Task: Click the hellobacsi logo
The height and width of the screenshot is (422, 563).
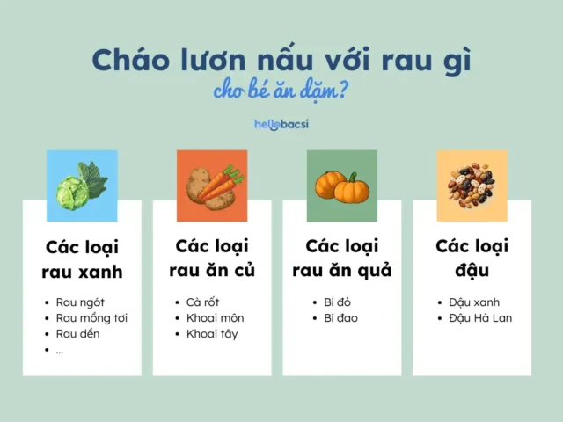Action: [281, 124]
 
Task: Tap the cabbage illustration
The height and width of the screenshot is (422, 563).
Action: [82, 185]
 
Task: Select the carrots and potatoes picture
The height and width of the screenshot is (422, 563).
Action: [212, 185]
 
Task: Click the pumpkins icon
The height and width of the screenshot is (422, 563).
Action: [342, 185]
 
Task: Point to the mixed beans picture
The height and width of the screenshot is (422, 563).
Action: [472, 185]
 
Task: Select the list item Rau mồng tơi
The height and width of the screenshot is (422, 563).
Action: [91, 317]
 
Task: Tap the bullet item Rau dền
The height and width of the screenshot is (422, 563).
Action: [78, 333]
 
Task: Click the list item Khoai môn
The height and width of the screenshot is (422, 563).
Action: [215, 317]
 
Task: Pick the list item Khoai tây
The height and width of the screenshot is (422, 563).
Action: [212, 333]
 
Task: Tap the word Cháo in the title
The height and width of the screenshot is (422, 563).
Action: [130, 61]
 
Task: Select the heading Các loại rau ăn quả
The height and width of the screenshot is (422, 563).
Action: [342, 258]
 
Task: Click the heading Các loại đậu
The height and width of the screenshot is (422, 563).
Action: [472, 258]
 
